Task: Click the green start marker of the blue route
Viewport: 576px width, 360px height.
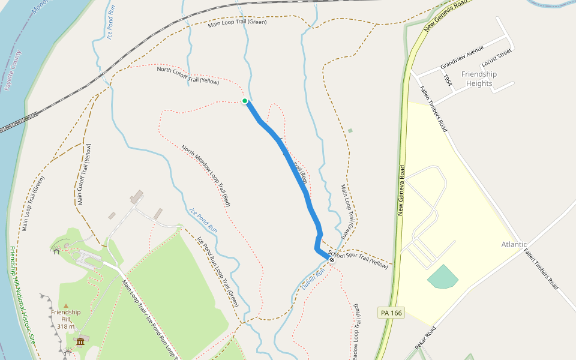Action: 245,101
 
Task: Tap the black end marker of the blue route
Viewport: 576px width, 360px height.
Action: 332,259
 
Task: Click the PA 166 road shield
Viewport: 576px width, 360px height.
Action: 391,313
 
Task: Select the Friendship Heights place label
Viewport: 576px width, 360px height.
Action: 479,79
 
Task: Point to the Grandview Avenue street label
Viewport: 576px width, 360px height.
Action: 461,57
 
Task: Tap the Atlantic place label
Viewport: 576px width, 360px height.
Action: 514,244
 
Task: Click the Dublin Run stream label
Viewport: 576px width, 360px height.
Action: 313,280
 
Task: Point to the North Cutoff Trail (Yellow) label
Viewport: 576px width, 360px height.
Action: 188,75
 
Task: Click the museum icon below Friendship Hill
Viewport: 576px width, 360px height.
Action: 80,342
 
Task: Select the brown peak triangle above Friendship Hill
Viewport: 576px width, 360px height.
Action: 66,306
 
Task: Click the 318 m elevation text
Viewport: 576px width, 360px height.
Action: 66,326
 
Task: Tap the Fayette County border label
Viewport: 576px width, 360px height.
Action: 13,70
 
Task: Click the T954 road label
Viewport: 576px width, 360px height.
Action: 447,80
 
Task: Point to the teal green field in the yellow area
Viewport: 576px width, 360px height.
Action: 442,277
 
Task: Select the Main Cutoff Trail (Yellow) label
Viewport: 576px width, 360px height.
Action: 83,175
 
